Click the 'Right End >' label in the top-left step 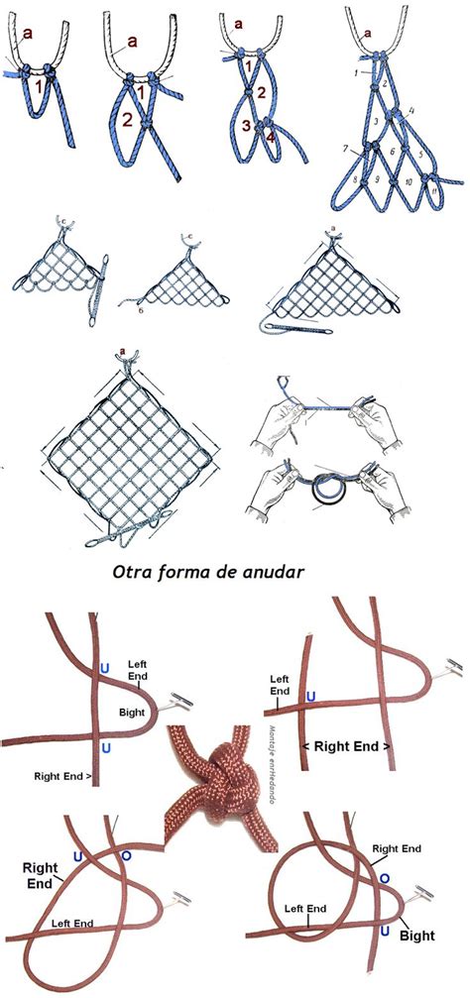(x=62, y=776)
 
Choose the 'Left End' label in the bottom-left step (x=69, y=923)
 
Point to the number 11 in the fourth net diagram (x=433, y=185)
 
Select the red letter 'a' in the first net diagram (x=27, y=33)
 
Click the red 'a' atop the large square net (x=122, y=351)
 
